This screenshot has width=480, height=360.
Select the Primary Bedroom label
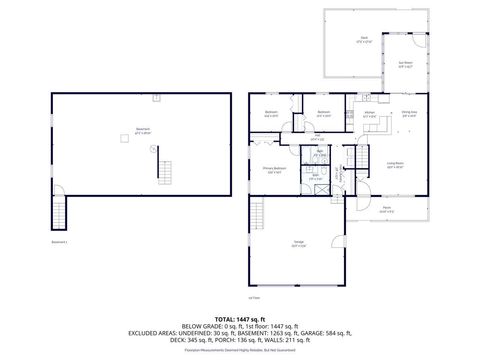pos(274,169)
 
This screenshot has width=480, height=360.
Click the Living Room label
pos(394,165)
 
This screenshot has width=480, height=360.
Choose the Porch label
pos(387,210)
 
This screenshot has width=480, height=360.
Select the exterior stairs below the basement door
pos(61,212)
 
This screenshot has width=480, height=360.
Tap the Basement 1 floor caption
pos(60,241)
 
